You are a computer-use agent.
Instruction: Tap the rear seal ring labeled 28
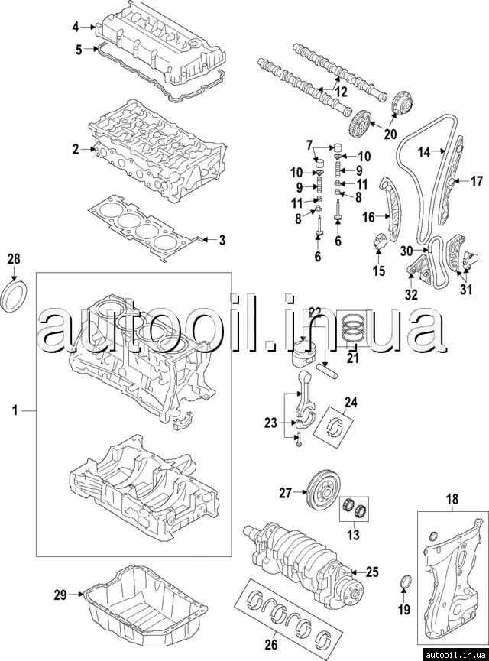click(15, 296)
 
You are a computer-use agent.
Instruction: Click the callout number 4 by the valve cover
click(76, 28)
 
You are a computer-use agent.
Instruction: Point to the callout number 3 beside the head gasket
click(222, 241)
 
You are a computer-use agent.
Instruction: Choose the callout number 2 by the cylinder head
click(76, 150)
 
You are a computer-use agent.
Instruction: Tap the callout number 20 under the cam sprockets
click(390, 134)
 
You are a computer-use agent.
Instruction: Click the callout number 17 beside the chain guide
click(476, 182)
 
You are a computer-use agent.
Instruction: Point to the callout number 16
click(368, 218)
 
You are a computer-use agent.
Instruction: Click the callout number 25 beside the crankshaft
click(372, 571)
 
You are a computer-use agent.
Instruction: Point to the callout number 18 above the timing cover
click(452, 500)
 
